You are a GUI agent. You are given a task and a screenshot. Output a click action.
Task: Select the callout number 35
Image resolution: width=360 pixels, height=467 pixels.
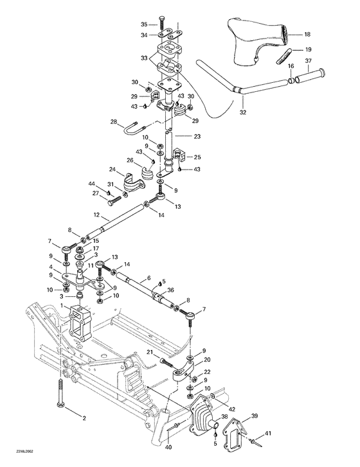point(145,24)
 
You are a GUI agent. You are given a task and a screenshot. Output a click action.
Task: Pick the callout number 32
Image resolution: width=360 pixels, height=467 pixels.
point(242,112)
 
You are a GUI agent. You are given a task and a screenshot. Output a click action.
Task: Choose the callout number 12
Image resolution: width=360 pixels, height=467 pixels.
point(96,216)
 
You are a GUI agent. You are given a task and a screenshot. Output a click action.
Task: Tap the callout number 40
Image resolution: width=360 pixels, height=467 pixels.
point(168,447)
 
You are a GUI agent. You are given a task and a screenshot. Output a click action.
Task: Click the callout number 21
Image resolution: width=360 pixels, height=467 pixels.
point(148,353)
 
